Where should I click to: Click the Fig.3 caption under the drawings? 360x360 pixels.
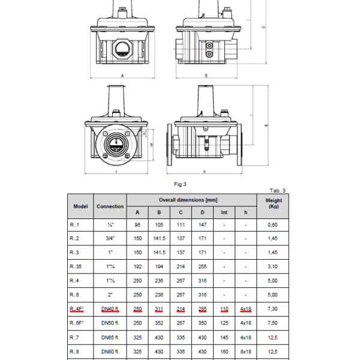tap(180, 184)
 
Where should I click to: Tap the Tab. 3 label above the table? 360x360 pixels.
tap(278, 191)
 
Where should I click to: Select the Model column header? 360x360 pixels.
tap(80, 206)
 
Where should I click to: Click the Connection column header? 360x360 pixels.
tap(110, 206)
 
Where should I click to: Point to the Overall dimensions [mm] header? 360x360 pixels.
tap(188, 200)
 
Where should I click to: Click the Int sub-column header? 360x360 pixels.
tap(224, 212)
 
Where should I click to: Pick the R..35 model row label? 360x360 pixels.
tap(76, 266)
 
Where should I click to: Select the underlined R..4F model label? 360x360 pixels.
tap(76, 309)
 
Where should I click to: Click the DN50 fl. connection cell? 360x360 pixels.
tap(110, 323)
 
